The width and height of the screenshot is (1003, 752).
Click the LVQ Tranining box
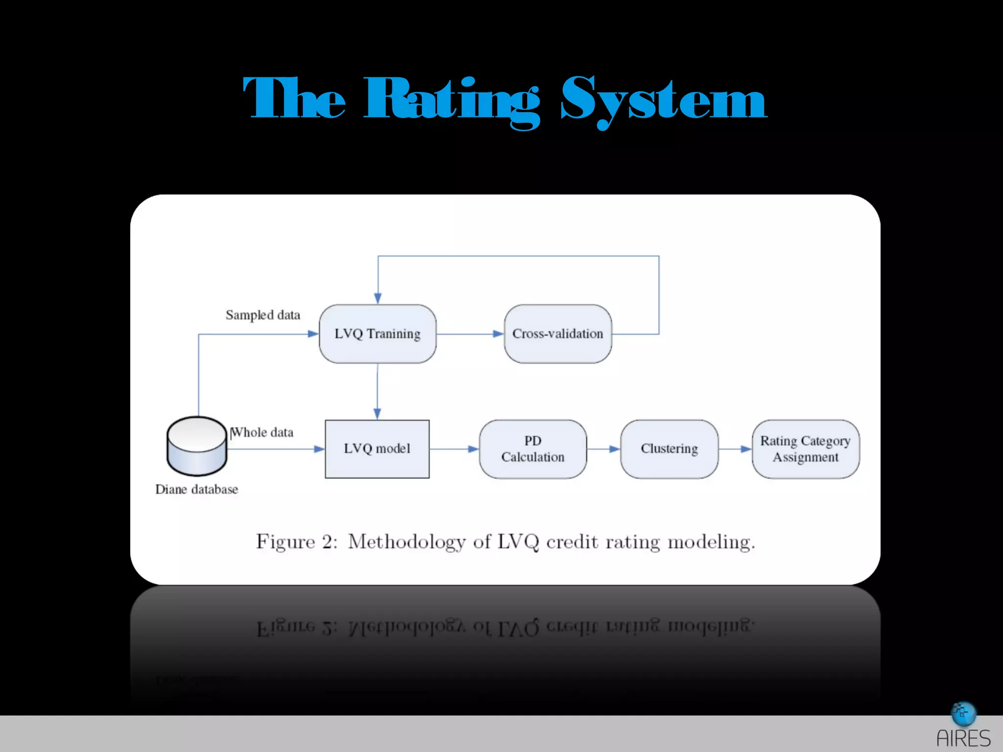click(x=378, y=334)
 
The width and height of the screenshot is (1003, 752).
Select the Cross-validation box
click(x=558, y=334)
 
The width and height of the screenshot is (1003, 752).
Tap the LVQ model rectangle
click(x=377, y=449)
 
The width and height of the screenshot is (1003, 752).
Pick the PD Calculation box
click(x=533, y=449)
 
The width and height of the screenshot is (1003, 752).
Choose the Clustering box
click(x=669, y=449)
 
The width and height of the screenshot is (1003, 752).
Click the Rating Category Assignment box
click(x=806, y=449)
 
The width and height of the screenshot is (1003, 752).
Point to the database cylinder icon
click(x=196, y=446)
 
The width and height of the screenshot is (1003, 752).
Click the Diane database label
click(x=196, y=490)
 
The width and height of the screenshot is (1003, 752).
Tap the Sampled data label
click(x=263, y=315)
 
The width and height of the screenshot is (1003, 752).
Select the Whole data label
click(x=263, y=432)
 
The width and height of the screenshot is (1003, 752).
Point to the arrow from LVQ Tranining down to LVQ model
click(x=377, y=392)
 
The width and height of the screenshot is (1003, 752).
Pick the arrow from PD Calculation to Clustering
click(x=603, y=449)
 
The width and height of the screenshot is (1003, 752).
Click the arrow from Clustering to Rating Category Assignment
click(x=735, y=449)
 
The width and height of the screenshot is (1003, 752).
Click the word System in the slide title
click(x=664, y=101)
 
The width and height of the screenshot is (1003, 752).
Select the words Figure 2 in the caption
click(x=297, y=542)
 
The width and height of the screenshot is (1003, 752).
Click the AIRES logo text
click(x=963, y=738)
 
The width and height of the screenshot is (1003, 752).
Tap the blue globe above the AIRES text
click(x=963, y=714)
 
